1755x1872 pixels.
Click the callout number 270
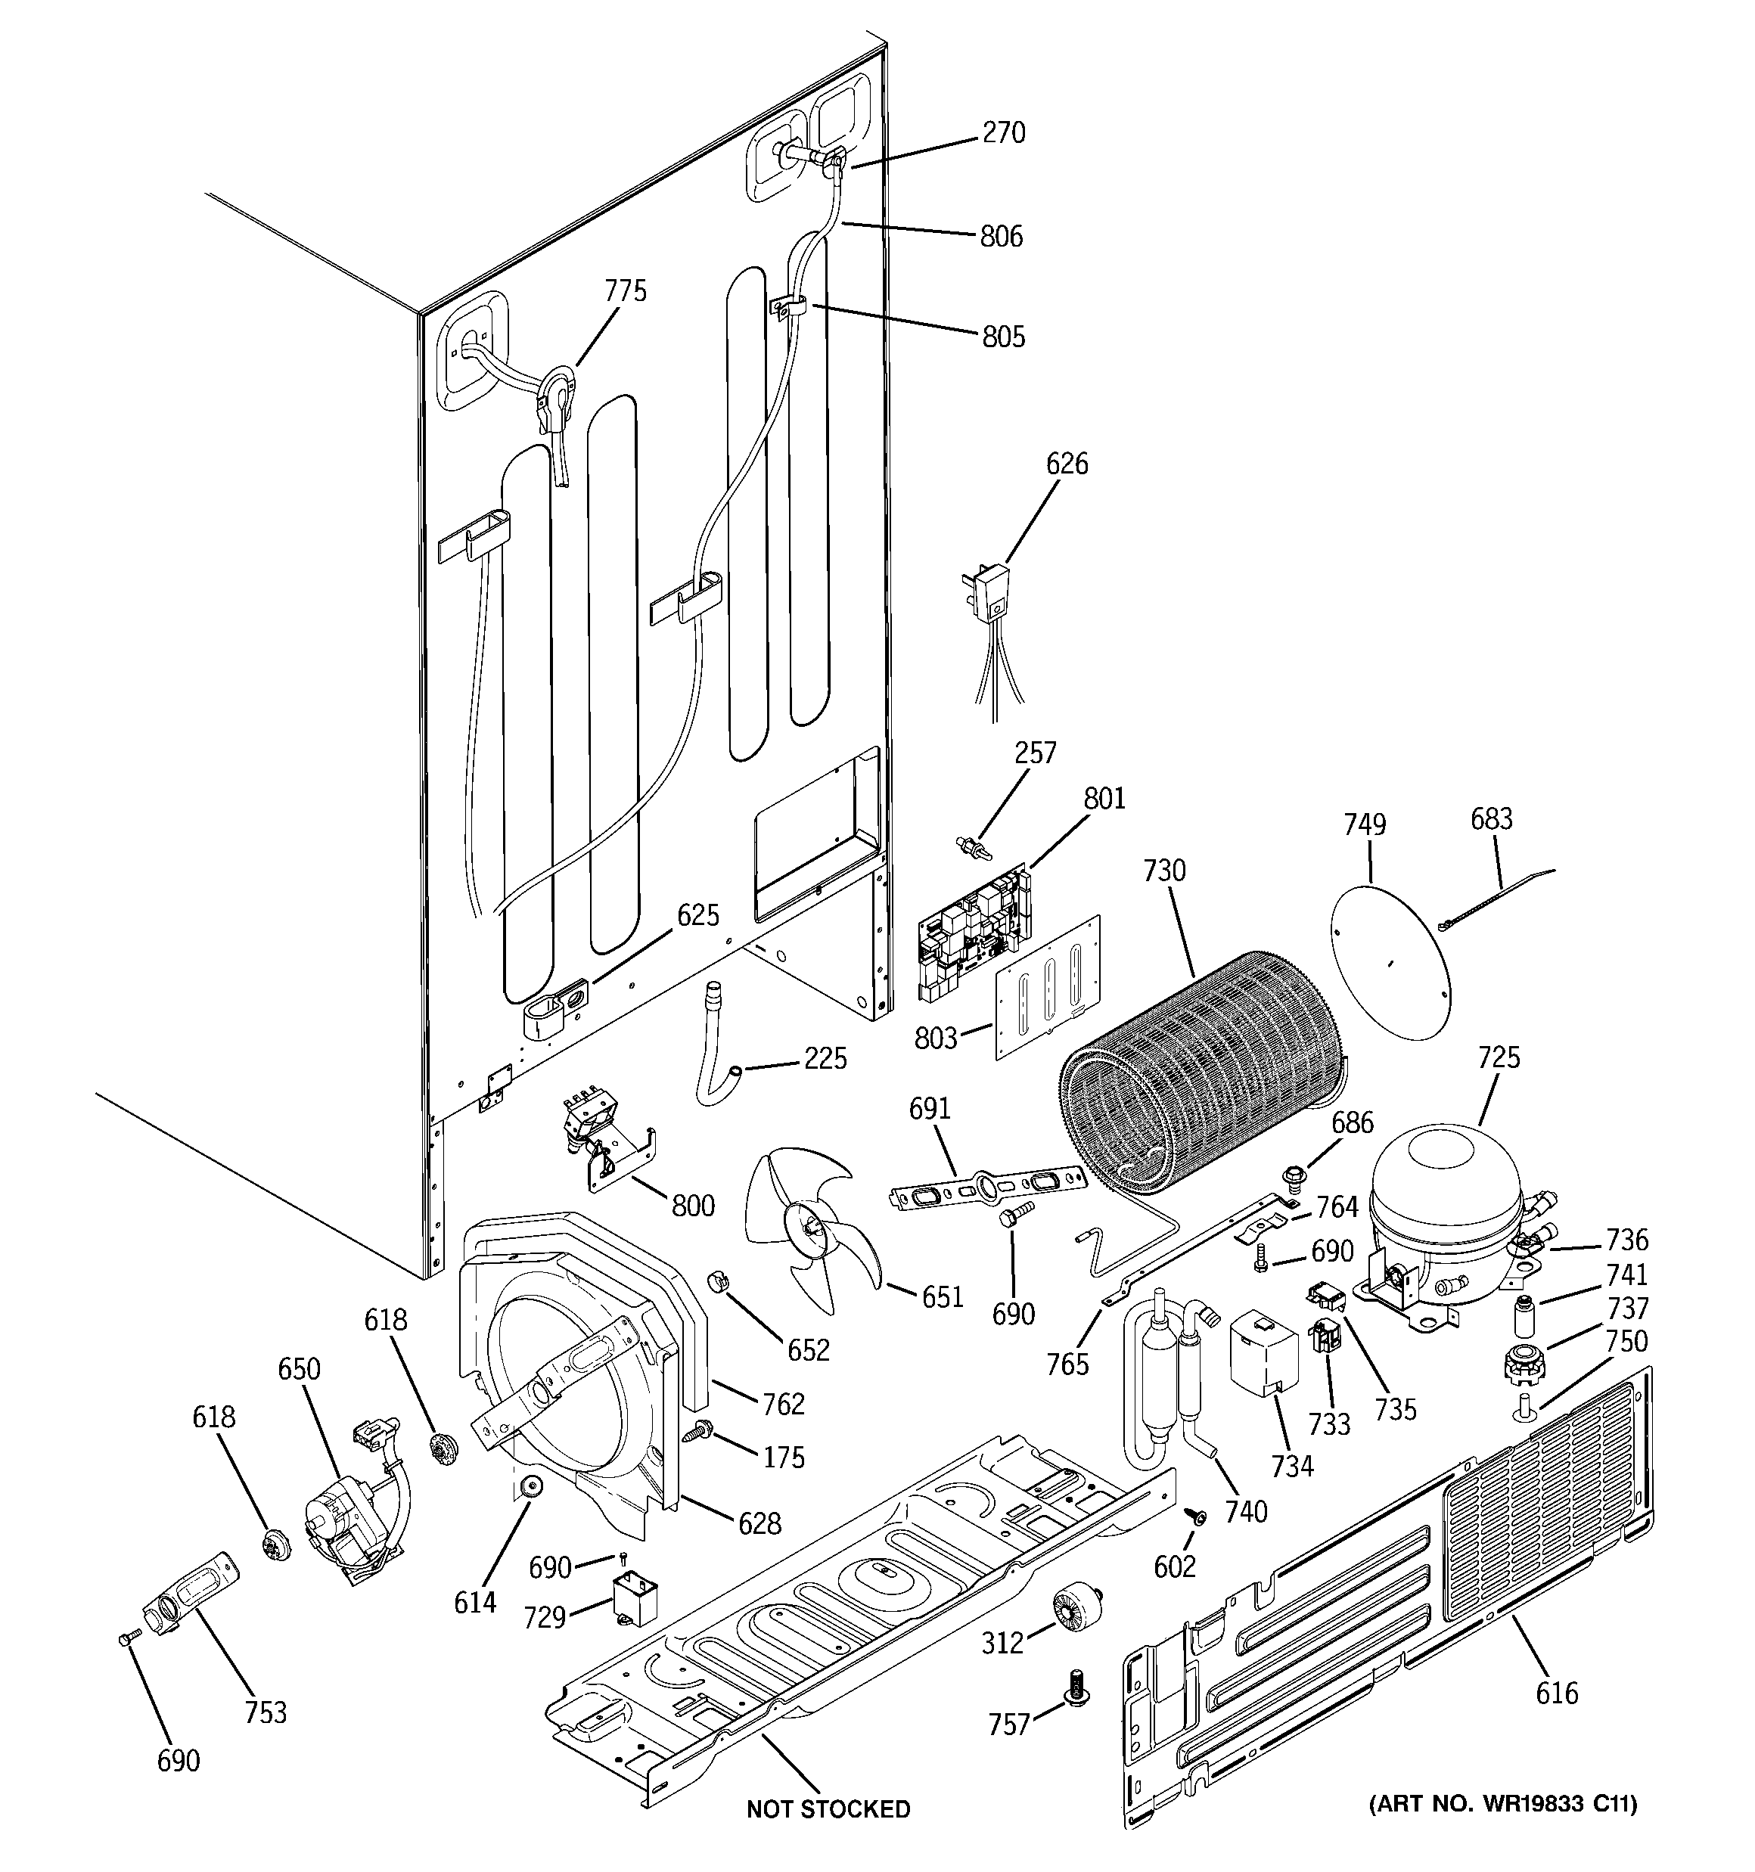pos(1003,133)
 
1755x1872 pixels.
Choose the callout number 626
pos(1067,464)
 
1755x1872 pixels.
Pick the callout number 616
pos(1556,1693)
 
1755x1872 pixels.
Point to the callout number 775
pos(626,291)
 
